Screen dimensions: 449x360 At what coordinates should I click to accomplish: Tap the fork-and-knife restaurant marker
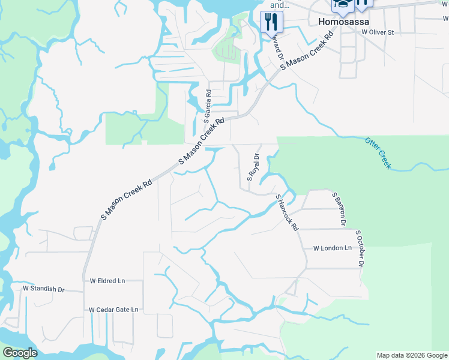271,22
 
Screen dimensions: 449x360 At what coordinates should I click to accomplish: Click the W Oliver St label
373,32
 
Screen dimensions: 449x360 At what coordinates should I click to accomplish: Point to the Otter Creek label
378,152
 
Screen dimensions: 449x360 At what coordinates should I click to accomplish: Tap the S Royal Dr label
253,167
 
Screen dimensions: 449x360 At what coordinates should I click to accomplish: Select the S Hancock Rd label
287,212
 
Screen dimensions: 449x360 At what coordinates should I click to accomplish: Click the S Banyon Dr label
339,209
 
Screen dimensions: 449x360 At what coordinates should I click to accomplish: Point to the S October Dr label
360,248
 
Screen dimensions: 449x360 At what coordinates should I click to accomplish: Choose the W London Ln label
332,248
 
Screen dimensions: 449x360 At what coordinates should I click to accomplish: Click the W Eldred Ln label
107,280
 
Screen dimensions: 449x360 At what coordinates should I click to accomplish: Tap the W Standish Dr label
43,289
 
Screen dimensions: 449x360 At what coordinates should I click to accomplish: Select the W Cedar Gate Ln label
113,310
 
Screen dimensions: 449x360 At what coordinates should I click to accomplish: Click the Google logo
20,353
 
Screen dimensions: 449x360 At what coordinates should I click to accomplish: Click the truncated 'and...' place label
276,5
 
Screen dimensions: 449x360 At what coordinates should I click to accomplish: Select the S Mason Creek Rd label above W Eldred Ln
127,197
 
